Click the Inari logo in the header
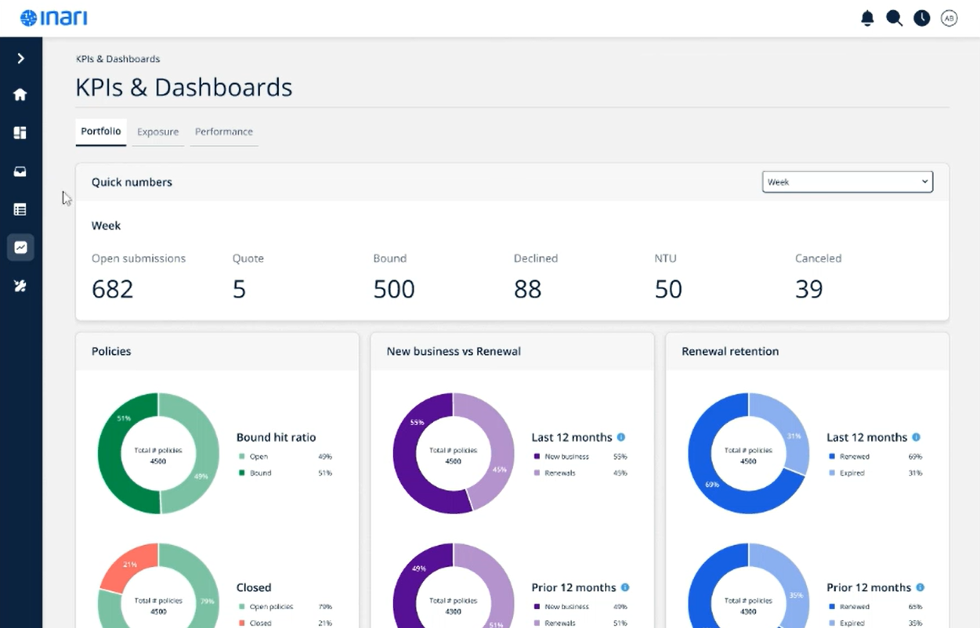(x=53, y=17)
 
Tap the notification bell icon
(x=867, y=18)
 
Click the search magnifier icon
(x=894, y=18)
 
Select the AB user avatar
(x=949, y=18)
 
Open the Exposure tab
(x=157, y=132)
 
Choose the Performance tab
(x=223, y=132)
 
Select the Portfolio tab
(x=101, y=131)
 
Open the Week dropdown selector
(x=847, y=182)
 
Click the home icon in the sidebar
(x=20, y=95)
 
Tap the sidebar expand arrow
(x=20, y=59)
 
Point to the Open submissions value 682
(x=113, y=289)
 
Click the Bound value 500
(x=393, y=289)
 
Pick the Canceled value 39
(x=809, y=289)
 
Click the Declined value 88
(x=527, y=289)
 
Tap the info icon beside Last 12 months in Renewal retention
(x=916, y=437)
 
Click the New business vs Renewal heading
(x=454, y=351)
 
